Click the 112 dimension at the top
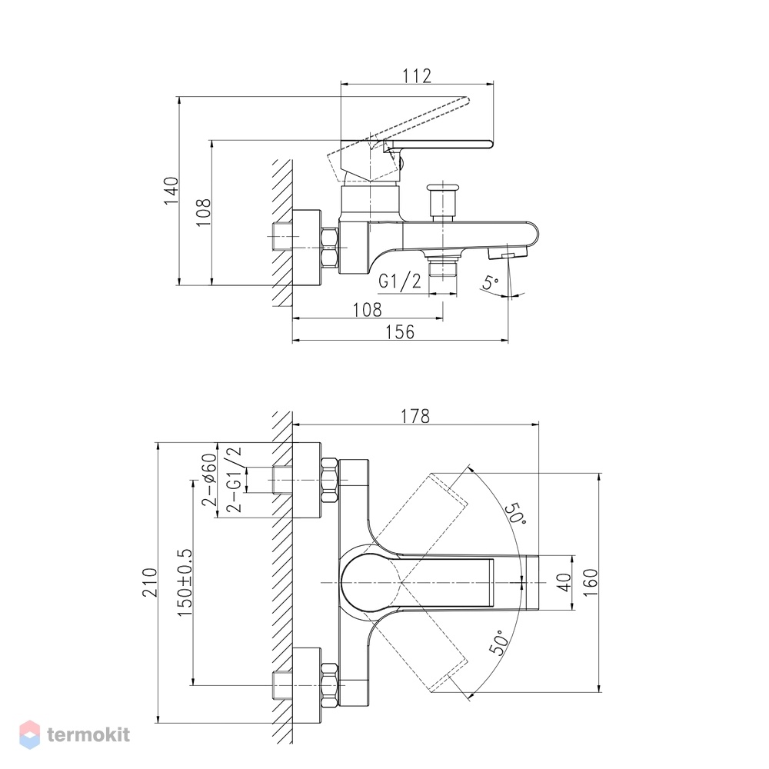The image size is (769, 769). tap(417, 76)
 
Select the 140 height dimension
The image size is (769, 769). tap(171, 191)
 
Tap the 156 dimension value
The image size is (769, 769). tap(400, 332)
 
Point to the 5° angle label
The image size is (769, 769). tap(491, 282)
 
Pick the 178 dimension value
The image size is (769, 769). tap(415, 416)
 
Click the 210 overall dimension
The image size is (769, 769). tap(150, 582)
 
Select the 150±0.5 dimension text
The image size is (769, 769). tap(185, 583)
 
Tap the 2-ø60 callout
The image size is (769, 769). tap(209, 480)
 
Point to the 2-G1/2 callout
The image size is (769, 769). tap(234, 480)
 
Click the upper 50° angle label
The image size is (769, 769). tap(515, 514)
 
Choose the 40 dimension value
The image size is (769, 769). tap(565, 582)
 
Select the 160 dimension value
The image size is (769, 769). tap(591, 582)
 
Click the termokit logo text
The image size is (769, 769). tap(88, 734)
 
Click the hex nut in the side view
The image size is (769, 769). tap(330, 248)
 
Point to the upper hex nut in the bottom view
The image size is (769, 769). tap(330, 480)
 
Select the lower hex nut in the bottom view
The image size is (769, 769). tap(330, 684)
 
